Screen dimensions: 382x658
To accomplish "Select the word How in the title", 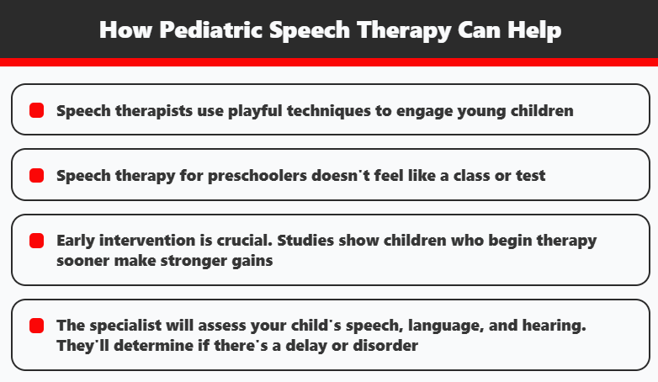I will coord(125,30).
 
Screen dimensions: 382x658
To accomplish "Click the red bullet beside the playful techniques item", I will coord(36,110).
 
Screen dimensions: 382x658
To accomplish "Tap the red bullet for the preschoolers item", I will coord(36,176).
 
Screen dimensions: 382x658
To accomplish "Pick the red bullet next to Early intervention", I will coord(36,241).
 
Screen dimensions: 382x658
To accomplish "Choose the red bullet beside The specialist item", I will coord(36,325).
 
